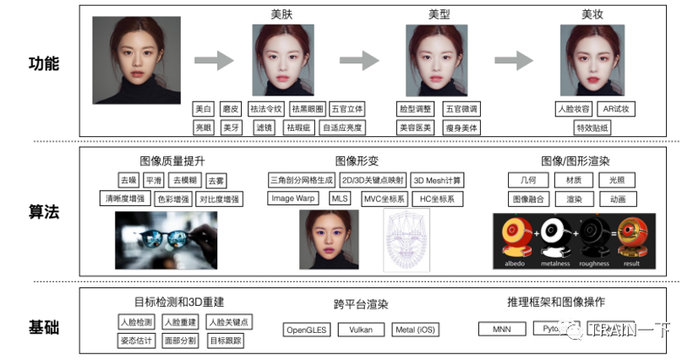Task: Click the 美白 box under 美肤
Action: [204, 109]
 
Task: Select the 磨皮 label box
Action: [231, 109]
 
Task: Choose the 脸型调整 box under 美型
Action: [415, 109]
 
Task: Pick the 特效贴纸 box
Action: [592, 128]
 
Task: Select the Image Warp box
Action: [293, 199]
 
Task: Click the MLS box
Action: [340, 199]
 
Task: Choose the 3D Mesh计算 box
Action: [437, 181]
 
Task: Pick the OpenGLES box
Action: [306, 330]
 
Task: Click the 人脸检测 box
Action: [136, 322]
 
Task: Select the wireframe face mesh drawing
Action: [407, 239]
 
